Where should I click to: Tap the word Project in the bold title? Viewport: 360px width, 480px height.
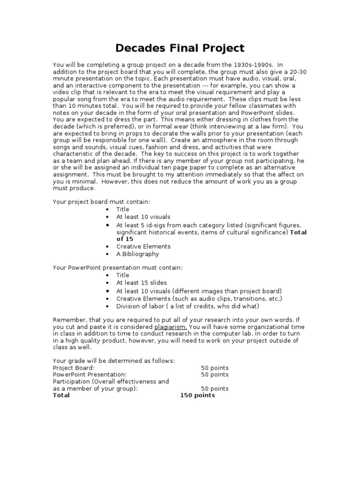point(222,48)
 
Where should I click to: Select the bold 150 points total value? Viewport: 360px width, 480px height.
point(197,395)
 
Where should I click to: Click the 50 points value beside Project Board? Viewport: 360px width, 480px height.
point(215,367)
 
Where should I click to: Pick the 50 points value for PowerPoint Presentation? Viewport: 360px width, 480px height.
point(215,375)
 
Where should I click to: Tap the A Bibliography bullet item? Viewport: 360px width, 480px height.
point(138,254)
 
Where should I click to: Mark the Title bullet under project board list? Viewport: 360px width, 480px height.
point(123,209)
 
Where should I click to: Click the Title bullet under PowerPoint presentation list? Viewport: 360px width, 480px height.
point(123,276)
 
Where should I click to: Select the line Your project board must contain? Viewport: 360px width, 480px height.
point(102,202)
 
